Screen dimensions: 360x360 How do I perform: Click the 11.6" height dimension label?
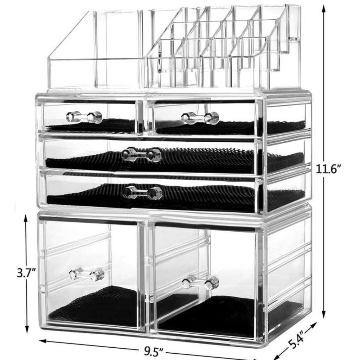click(x=328, y=169)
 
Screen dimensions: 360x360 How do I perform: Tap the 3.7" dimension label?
click(x=26, y=273)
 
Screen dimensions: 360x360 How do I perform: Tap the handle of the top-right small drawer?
click(x=200, y=118)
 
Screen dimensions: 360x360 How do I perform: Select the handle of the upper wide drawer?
click(x=142, y=154)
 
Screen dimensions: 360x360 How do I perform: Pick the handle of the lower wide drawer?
click(x=143, y=192)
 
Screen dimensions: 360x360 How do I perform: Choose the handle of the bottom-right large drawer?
click(x=201, y=282)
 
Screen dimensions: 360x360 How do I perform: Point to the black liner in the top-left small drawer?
click(x=91, y=126)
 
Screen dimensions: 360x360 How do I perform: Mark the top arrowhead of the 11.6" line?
click(x=324, y=9)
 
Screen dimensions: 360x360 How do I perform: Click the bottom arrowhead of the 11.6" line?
click(x=324, y=314)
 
